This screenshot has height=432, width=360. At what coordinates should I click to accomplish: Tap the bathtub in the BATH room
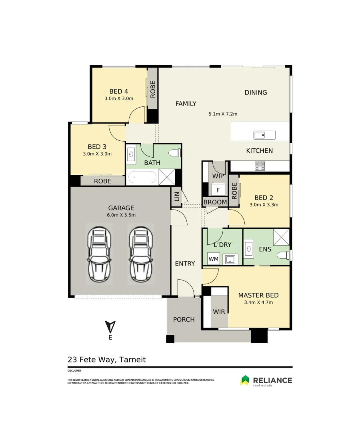coord(142,177)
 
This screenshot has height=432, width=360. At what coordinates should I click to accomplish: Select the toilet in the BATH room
coord(175,153)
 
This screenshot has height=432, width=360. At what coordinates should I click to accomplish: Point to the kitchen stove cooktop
coord(260,166)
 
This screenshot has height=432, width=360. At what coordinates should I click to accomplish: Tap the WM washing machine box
coord(214,259)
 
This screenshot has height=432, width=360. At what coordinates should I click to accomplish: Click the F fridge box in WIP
coord(218,190)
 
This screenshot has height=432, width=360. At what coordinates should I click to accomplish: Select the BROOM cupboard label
coord(215,202)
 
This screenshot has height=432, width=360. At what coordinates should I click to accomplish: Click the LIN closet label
coord(176,197)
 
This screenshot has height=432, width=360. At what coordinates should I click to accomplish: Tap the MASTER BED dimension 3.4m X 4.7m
coord(258,302)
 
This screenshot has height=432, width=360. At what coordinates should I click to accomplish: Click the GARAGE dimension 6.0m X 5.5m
coord(121,215)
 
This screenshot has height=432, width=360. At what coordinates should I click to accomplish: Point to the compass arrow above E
coord(110,326)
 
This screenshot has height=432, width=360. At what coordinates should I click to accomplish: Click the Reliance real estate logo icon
coord(244,380)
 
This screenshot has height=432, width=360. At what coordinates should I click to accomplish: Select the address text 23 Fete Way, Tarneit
coord(107,360)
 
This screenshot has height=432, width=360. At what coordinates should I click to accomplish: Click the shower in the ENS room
coord(281,237)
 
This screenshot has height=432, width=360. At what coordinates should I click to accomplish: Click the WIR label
coord(219,312)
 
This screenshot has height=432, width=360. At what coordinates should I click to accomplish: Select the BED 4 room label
coord(118,92)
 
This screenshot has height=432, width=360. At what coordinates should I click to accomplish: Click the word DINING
coord(256,92)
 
